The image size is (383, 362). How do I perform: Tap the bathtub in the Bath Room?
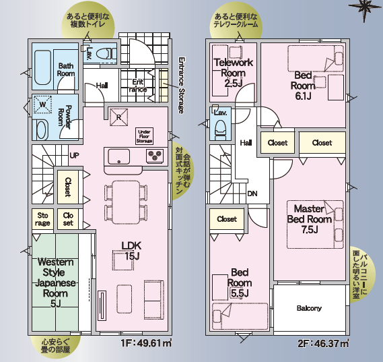click(x=43, y=67)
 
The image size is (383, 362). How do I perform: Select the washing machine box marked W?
click(x=43, y=104)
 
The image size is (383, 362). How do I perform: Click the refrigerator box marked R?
click(x=118, y=117)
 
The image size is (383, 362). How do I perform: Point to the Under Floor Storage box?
click(x=144, y=136)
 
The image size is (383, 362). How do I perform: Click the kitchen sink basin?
click(x=119, y=156)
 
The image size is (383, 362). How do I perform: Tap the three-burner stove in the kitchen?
click(x=155, y=156)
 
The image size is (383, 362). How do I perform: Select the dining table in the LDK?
click(x=126, y=202)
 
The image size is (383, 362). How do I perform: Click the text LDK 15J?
click(x=131, y=251)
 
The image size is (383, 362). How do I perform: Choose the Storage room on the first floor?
click(x=42, y=219)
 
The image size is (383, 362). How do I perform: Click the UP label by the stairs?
click(x=74, y=155)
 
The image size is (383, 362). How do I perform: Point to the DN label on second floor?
click(x=252, y=193)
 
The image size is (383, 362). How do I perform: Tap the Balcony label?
click(x=309, y=308)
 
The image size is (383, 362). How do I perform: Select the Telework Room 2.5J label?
click(x=234, y=73)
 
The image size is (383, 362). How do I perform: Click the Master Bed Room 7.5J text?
click(x=309, y=219)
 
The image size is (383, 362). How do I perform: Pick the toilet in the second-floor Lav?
click(x=221, y=129)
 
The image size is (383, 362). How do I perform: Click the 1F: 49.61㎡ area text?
click(x=146, y=343)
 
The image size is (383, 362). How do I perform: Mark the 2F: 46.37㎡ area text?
click(x=323, y=344)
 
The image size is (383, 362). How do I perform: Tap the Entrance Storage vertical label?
click(x=181, y=85)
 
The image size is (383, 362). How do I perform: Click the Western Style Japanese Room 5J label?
click(x=55, y=282)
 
